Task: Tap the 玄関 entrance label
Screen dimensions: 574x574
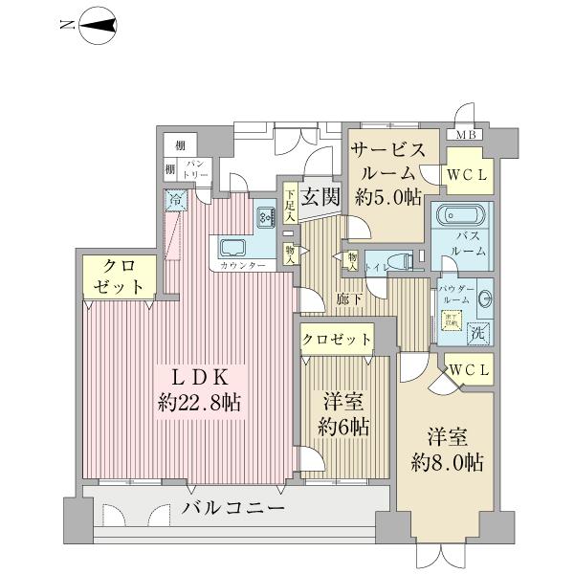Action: (318, 198)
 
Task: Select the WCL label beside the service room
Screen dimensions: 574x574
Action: (469, 174)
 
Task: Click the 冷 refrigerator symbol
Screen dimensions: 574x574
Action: (176, 201)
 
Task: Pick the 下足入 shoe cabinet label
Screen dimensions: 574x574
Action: (291, 205)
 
